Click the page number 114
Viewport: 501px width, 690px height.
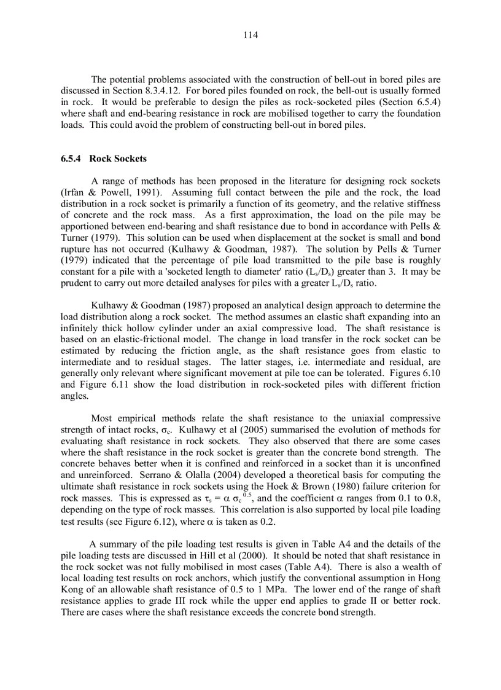(x=250, y=35)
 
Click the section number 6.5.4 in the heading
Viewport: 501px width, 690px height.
(x=72, y=159)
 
